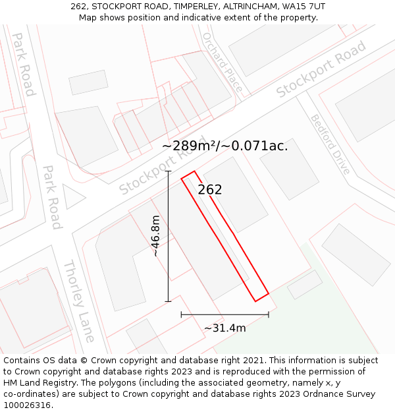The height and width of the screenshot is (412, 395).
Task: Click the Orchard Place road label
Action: [223, 63]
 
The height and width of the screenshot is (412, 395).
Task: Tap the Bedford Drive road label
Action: [330, 145]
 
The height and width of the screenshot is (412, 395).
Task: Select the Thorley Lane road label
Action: [79, 301]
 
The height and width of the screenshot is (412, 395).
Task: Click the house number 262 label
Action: [210, 190]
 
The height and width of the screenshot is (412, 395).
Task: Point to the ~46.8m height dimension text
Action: [156, 236]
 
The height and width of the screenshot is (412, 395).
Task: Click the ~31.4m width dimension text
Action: [224, 328]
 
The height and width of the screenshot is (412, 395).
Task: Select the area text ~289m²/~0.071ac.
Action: [224, 146]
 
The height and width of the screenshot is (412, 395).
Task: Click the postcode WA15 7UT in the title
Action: [302, 7]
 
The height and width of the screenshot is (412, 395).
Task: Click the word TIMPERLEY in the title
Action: [194, 7]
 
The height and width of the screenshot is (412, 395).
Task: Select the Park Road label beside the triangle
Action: [52, 197]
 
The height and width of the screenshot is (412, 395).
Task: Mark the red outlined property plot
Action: [224, 236]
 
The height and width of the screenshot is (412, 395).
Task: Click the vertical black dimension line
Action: [168, 236]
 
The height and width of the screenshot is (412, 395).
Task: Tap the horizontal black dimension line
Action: [224, 314]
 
